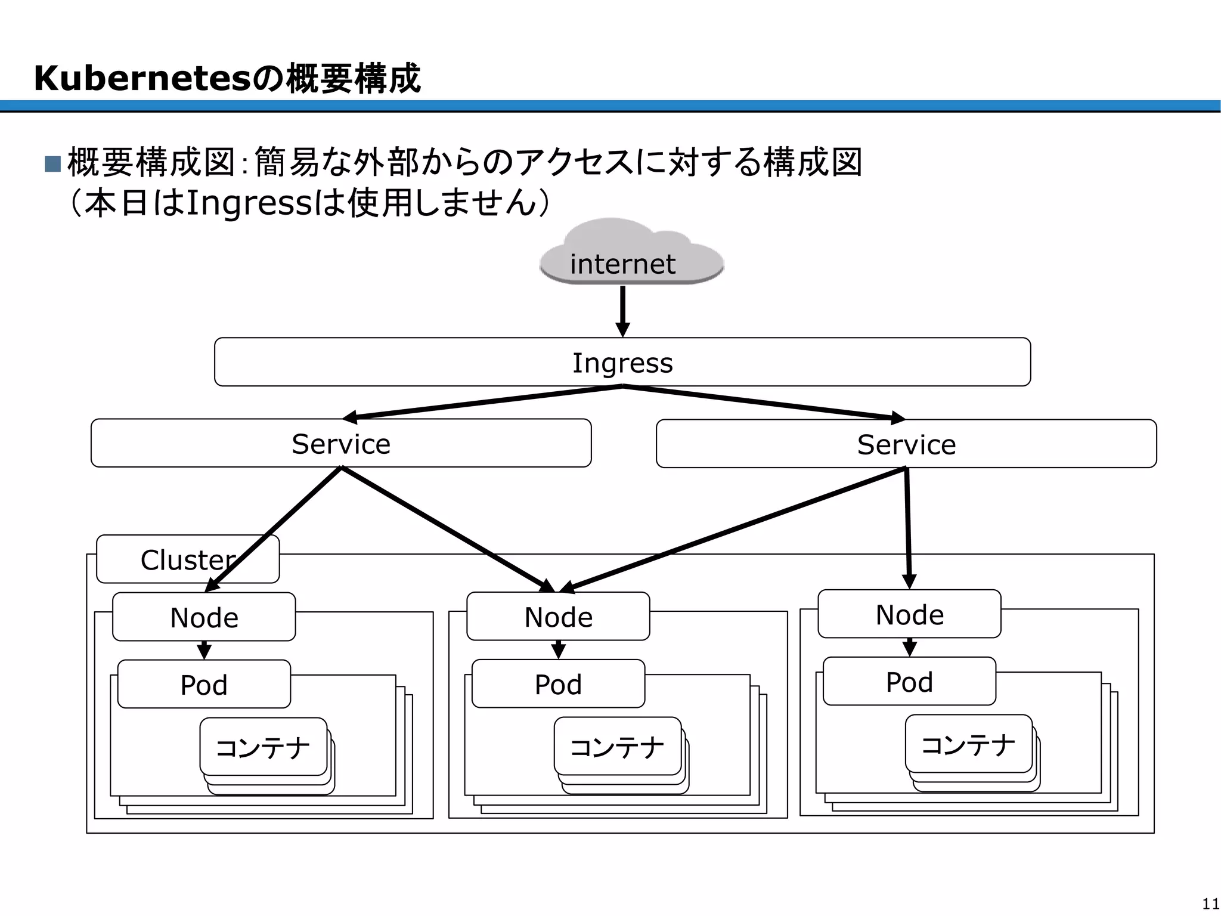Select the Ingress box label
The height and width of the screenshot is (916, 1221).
point(622,363)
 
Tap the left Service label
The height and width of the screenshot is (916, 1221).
point(341,444)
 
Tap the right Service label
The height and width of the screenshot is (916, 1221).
point(906,444)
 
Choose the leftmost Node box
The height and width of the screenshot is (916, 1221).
point(204,617)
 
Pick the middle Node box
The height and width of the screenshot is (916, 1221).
point(558,617)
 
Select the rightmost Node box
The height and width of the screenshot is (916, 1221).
point(909,614)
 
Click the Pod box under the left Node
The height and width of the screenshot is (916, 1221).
point(204,685)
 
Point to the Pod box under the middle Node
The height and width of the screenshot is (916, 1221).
point(558,684)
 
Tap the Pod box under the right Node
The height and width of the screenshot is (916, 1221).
point(909,682)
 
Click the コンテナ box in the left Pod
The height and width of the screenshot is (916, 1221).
point(263,747)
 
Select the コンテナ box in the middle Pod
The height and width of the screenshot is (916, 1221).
point(617,746)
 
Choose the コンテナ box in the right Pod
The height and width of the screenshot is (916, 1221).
point(968,744)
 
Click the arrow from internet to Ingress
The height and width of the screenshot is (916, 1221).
point(622,310)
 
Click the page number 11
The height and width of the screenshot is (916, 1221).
point(1210,903)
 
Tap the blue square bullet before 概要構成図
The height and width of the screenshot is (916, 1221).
point(52,163)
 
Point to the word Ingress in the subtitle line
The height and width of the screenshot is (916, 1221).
point(250,203)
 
